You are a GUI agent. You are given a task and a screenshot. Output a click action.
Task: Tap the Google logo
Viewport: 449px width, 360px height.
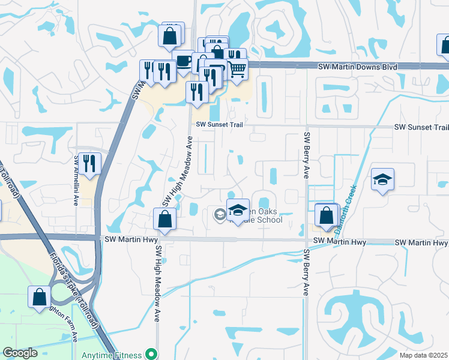[x=20, y=353]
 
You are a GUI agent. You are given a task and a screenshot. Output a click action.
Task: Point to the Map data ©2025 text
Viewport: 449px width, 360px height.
[x=423, y=355]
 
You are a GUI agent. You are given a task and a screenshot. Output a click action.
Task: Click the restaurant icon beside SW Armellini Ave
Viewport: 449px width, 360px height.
[x=89, y=163]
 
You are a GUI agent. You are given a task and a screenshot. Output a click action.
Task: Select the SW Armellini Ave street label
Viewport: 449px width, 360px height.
[x=76, y=173]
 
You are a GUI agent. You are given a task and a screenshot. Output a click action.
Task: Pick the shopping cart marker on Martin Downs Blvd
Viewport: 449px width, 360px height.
[x=238, y=69]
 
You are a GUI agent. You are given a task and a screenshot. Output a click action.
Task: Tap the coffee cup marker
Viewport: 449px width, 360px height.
[x=183, y=61]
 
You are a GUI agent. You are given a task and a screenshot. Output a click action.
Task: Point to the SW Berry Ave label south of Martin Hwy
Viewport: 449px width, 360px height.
[x=306, y=272]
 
